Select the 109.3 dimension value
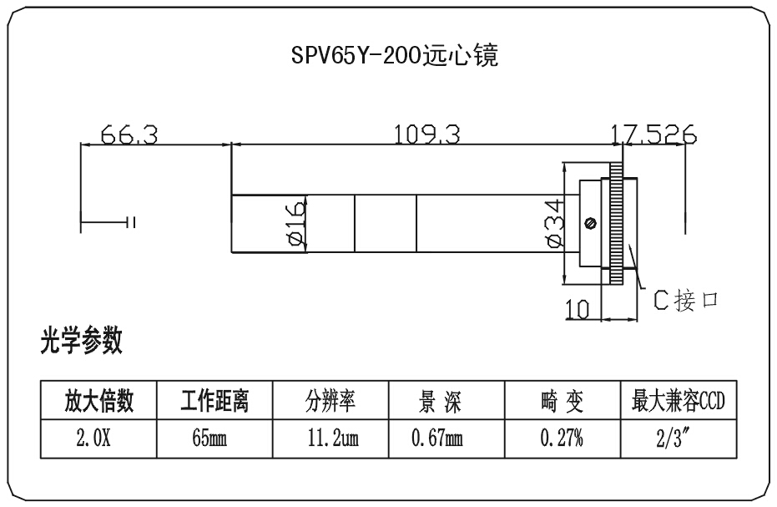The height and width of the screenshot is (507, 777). tap(427, 134)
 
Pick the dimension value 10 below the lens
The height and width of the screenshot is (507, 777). tap(578, 309)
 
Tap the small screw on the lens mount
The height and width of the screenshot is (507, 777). tap(591, 223)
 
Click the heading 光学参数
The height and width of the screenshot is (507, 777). tap(81, 341)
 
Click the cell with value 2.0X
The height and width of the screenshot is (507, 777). tap(99, 438)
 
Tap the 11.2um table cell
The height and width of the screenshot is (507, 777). tap(330, 438)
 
